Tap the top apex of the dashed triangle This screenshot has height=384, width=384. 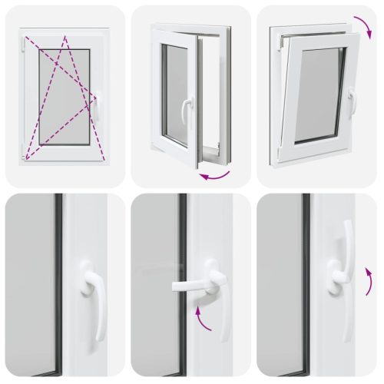(x=65, y=38)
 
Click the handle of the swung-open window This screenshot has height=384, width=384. (x=185, y=111)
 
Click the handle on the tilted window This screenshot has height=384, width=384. (x=352, y=100)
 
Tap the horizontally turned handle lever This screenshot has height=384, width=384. (x=192, y=286)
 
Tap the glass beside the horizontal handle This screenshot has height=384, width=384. (x=154, y=253)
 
